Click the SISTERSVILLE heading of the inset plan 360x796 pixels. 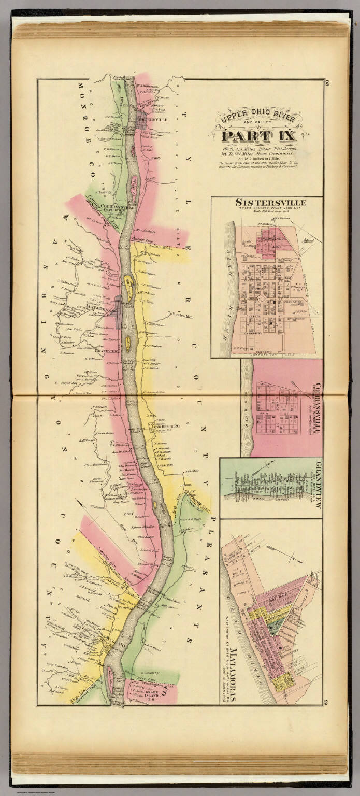point(270,202)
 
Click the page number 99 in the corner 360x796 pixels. point(327,702)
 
